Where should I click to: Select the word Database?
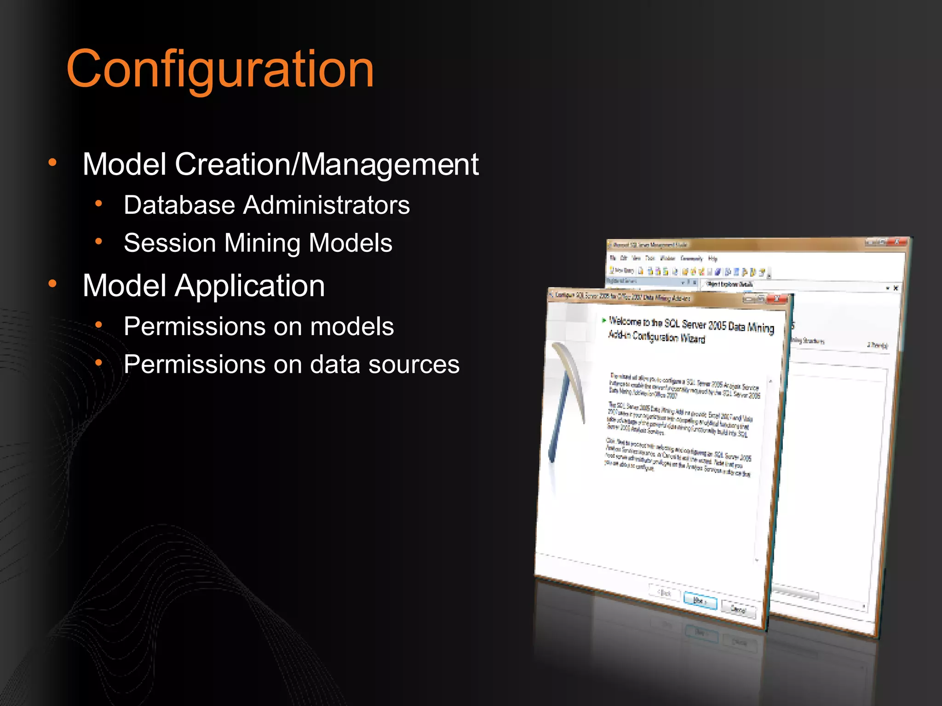(x=179, y=205)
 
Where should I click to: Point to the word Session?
(x=170, y=243)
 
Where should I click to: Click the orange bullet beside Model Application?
(x=52, y=284)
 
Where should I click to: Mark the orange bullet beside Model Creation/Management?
(x=52, y=162)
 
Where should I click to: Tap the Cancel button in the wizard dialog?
(x=738, y=609)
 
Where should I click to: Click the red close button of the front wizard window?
(x=778, y=299)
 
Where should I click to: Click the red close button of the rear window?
(x=897, y=241)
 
